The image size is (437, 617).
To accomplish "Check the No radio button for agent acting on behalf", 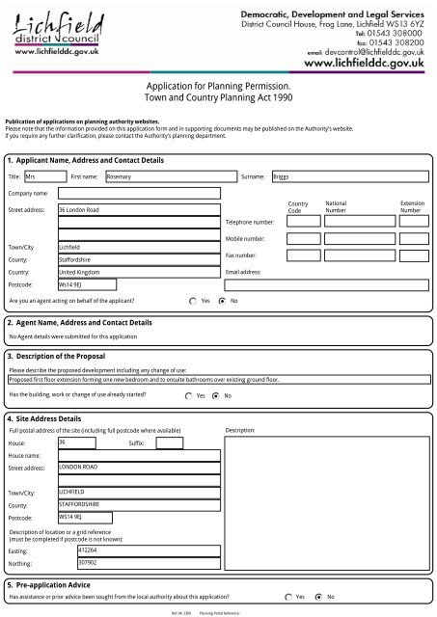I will (x=223, y=301).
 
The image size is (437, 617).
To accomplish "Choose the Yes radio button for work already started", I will (x=189, y=395).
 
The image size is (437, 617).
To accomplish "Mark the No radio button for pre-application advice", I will (x=319, y=598).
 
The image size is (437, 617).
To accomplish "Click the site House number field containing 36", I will (x=75, y=443).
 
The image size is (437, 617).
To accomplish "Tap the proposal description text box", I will (x=218, y=381).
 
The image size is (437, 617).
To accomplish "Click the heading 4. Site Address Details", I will (x=43, y=419).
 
